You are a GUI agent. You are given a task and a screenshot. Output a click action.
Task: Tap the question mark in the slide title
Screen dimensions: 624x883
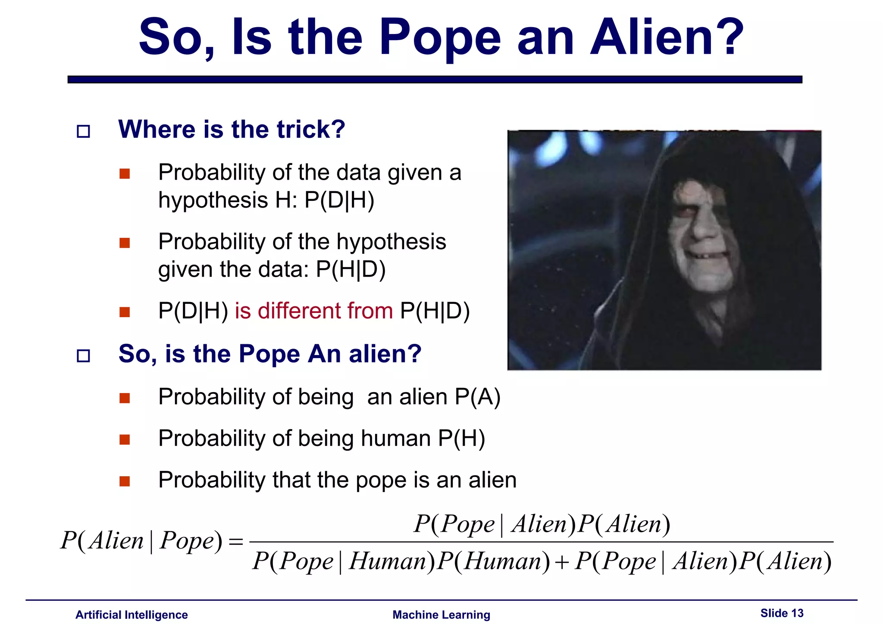point(730,38)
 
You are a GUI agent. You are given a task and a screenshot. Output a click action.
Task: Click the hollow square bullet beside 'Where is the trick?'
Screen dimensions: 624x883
point(83,131)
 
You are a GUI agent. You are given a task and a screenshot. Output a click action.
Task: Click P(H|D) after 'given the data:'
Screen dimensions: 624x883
point(351,270)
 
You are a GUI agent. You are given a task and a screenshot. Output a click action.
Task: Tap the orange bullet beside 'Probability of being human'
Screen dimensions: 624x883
point(125,439)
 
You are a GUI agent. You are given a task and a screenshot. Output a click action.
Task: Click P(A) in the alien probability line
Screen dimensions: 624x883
point(477,397)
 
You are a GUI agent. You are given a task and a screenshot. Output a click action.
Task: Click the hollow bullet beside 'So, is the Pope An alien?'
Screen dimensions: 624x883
point(83,356)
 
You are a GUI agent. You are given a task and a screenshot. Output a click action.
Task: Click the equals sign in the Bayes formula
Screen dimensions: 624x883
point(236,542)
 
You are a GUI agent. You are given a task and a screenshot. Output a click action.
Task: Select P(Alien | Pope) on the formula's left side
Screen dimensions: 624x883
point(141,541)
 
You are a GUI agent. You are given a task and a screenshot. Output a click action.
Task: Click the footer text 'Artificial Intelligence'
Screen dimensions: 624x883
point(132,615)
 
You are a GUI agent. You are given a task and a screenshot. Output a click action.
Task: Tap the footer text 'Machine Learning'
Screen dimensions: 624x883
point(441,615)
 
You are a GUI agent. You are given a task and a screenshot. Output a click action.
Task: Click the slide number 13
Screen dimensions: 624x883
point(797,613)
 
